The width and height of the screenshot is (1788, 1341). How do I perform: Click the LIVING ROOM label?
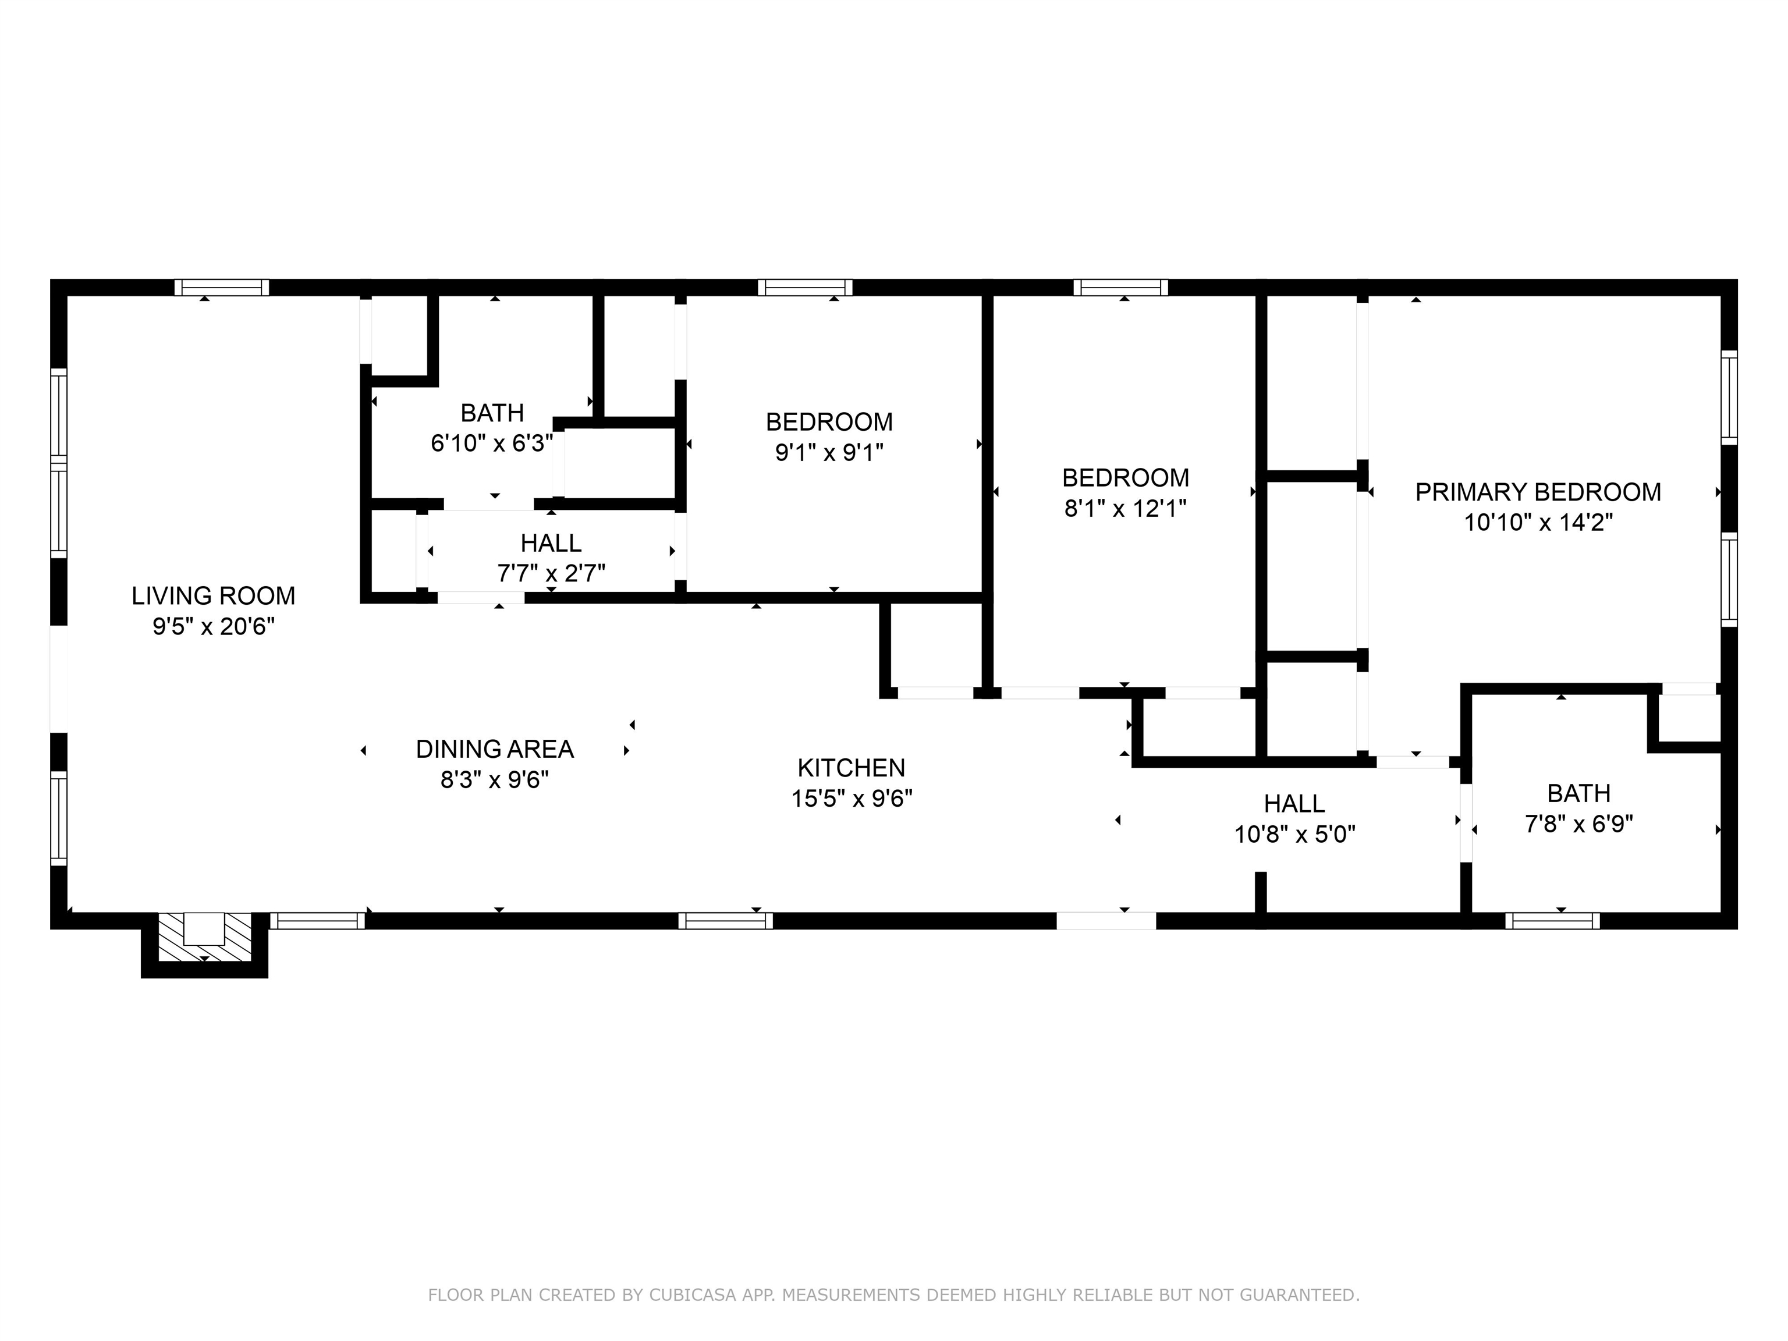tap(214, 596)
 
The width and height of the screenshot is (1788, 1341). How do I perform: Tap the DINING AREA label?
tap(495, 749)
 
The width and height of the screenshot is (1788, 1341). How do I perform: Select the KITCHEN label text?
tap(851, 767)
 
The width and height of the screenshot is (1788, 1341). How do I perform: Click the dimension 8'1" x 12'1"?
tap(1125, 509)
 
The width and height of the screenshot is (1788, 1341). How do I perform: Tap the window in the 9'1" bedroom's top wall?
tap(805, 287)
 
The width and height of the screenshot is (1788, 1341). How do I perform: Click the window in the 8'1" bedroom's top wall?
tap(1120, 287)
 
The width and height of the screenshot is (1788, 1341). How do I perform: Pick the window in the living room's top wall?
tap(222, 287)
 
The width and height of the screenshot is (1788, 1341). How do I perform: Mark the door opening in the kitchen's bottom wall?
tap(1106, 921)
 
